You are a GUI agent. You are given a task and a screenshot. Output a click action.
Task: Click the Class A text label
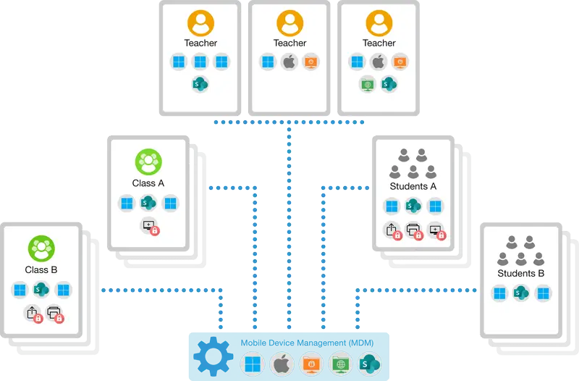pos(148,183)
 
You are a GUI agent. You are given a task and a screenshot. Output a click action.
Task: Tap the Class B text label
pos(41,270)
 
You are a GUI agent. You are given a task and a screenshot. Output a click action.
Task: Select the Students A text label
pos(413,186)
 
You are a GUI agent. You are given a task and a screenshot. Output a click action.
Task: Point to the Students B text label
pos(521,273)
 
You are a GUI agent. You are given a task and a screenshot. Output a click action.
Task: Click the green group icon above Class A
pos(148,162)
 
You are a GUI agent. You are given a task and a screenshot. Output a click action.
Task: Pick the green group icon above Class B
pos(41,248)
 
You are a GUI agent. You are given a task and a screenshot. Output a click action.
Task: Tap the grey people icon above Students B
pos(521,251)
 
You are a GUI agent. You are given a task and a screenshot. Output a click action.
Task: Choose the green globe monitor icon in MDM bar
pos(339,363)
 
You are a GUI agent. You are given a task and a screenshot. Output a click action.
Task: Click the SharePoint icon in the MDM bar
pos(370,363)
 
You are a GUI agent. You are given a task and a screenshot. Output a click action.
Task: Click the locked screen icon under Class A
pos(150,227)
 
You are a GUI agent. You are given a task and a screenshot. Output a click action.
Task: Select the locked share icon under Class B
pos(33,314)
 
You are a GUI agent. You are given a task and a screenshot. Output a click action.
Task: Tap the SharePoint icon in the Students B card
pos(521,293)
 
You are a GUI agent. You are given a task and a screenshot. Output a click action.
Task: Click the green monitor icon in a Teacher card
pos(368,83)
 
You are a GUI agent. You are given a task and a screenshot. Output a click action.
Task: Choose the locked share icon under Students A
pos(392,231)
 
